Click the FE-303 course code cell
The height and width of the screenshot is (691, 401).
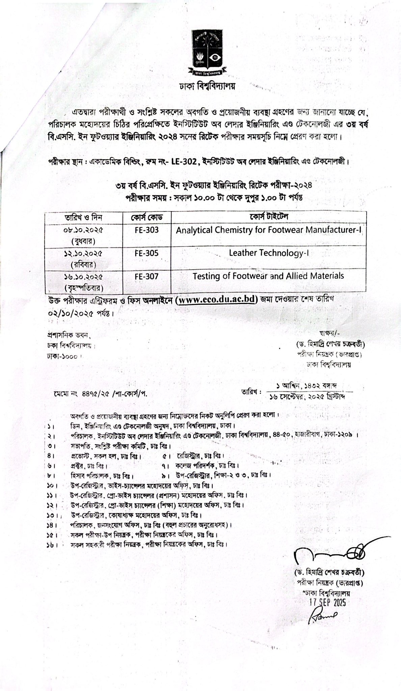tap(146, 230)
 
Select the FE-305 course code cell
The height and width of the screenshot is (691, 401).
tap(146, 253)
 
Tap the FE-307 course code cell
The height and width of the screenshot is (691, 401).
tap(146, 276)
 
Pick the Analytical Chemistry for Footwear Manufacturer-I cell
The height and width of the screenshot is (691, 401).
tap(269, 230)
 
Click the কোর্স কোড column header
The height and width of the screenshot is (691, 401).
tap(146, 217)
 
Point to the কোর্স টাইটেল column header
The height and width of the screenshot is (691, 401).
tap(269, 216)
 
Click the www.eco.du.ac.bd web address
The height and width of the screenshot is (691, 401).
tap(217, 299)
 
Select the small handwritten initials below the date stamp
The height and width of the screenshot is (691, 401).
tap(322, 616)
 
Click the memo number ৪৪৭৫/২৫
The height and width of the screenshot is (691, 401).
tap(94, 393)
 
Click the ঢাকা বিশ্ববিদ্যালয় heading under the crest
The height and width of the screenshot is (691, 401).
tap(207, 86)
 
